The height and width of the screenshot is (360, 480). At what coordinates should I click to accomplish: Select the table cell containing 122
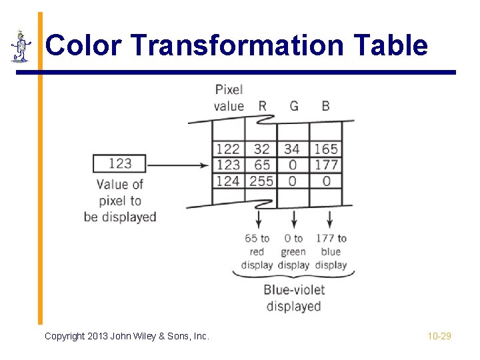pos(228,149)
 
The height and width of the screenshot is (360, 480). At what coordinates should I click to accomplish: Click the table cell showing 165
pos(326,149)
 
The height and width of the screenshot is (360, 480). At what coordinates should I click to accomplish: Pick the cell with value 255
pos(261,181)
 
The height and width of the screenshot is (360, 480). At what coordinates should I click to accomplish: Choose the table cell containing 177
pos(326,165)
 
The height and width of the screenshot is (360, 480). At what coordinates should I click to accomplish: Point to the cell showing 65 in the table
pos(262,165)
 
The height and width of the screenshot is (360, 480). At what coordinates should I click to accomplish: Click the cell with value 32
pos(262,149)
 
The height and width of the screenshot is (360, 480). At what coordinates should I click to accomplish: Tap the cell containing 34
pos(292,149)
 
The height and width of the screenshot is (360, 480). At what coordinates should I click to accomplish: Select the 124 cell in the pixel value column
pos(228,181)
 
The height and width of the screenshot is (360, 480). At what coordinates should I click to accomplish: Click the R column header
pos(261,106)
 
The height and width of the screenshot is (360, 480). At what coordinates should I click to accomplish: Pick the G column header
pos(294,106)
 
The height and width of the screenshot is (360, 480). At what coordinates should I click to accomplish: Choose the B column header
pos(325,106)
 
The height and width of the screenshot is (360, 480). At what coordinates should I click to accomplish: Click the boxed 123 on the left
pos(120,163)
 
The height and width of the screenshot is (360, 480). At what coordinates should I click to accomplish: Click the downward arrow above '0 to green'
pos(294,218)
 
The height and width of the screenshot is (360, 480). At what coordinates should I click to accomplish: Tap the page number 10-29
pos(439,336)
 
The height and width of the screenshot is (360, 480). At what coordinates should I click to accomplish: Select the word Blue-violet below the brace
pos(293,290)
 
